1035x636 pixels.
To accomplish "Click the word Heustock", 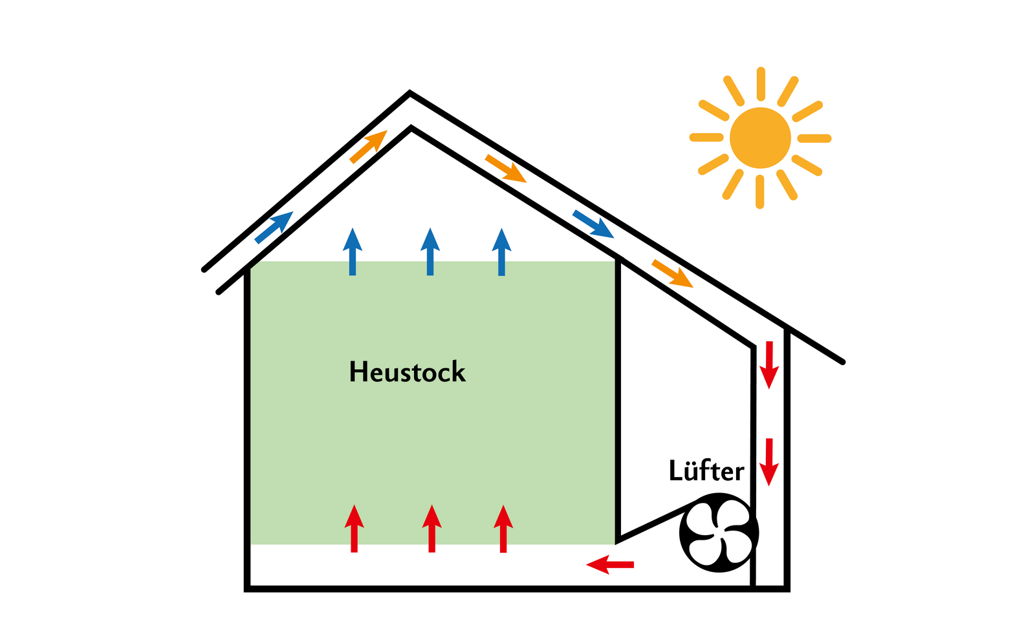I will pyautogui.click(x=407, y=372).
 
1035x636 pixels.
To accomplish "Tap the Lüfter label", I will pyautogui.click(x=706, y=471).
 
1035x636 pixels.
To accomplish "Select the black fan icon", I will pyautogui.click(x=719, y=533).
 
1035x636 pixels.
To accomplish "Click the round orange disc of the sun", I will pyautogui.click(x=760, y=138).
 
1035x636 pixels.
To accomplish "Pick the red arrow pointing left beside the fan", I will pyautogui.click(x=609, y=564).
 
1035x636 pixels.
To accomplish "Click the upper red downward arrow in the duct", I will pyautogui.click(x=768, y=365).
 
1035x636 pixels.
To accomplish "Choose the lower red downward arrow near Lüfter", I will pyautogui.click(x=768, y=461).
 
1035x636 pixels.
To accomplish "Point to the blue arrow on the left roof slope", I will pyautogui.click(x=274, y=228).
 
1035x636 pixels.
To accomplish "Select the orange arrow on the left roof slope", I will pyautogui.click(x=368, y=147).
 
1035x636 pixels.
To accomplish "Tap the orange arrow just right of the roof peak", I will pyautogui.click(x=506, y=169).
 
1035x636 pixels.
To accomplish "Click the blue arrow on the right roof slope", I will pyautogui.click(x=593, y=224).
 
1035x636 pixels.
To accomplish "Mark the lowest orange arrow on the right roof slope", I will pyautogui.click(x=672, y=273).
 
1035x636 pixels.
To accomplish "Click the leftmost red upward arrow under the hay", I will pyautogui.click(x=354, y=529).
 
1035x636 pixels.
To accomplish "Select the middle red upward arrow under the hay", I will pyautogui.click(x=431, y=529).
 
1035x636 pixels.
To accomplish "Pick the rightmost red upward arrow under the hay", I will pyautogui.click(x=503, y=529).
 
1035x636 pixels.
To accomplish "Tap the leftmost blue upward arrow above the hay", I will pyautogui.click(x=353, y=252).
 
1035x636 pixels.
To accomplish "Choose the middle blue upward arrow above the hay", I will pyautogui.click(x=430, y=252).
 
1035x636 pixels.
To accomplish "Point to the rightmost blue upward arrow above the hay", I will pyautogui.click(x=501, y=252).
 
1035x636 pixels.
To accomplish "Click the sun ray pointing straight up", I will pyautogui.click(x=761, y=83).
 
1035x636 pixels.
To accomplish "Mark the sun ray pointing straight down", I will pyautogui.click(x=760, y=192).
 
